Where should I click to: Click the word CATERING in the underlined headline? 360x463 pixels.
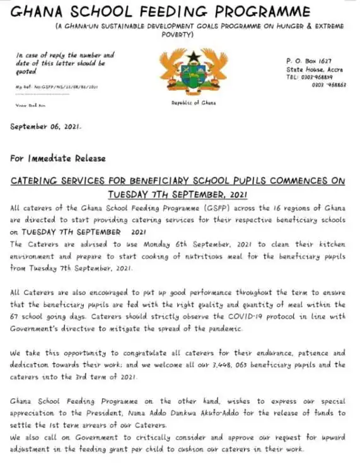click(x=38, y=181)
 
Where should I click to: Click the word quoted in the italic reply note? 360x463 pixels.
click(x=26, y=73)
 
